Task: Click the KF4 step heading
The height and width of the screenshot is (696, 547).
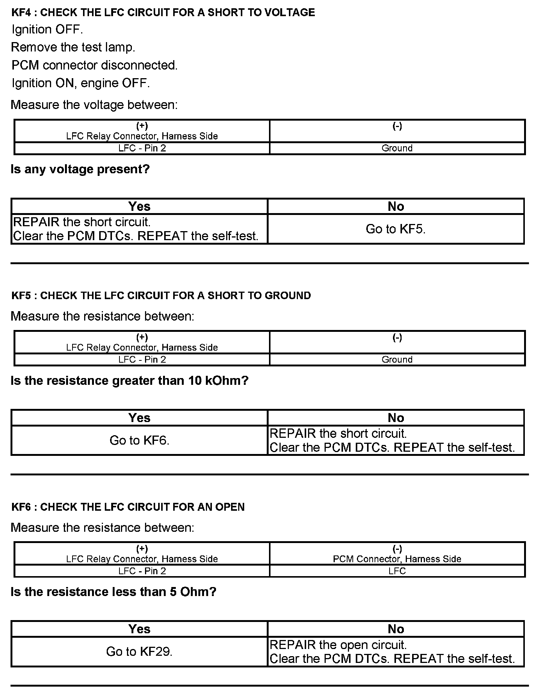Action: coord(163,12)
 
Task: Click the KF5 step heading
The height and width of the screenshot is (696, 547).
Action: coord(161,295)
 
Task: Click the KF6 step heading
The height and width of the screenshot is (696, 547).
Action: coord(128,507)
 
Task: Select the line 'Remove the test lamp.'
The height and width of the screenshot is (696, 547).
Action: coord(73,47)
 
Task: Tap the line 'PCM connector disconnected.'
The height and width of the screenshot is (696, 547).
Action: coord(95,65)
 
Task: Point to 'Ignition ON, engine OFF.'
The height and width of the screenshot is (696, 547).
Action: coord(81,83)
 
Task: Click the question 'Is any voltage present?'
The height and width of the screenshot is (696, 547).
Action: coord(80,169)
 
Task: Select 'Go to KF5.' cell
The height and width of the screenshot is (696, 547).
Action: coord(396,229)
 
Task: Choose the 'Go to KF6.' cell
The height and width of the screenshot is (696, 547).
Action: coord(139,440)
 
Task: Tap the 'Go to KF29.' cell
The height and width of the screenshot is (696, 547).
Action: coord(139,651)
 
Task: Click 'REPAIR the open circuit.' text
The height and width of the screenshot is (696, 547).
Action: coord(338,645)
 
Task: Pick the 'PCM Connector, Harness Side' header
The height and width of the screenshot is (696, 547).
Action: coord(397,559)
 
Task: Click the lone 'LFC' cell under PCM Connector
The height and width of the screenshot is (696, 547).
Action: coord(397,571)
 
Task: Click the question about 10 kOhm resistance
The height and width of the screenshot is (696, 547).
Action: coord(130,381)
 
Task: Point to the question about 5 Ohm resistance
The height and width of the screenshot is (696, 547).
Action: coord(113,592)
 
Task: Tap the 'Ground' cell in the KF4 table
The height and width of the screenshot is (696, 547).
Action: coord(397,148)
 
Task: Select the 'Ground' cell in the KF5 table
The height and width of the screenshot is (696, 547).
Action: coord(397,360)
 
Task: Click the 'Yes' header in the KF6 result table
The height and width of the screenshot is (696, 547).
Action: coord(139,629)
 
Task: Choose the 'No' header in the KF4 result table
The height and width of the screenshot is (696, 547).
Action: coord(396,206)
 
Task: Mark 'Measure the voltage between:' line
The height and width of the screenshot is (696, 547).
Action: coord(94,105)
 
